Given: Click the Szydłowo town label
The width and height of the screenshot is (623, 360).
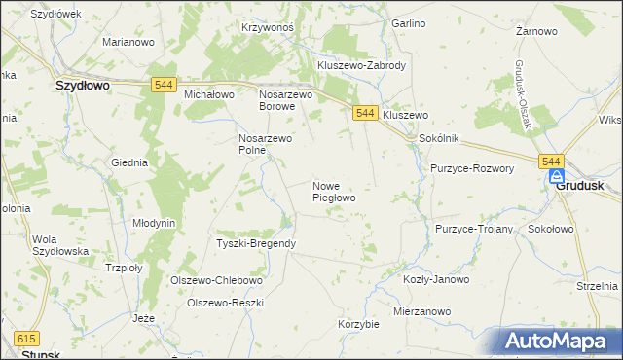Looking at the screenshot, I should point(82,86).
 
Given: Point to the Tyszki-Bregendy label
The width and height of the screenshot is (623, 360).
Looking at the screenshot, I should point(256,243).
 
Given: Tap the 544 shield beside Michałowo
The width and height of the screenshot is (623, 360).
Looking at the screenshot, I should point(164,87).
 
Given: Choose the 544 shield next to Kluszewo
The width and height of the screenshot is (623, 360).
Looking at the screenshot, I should point(365,113).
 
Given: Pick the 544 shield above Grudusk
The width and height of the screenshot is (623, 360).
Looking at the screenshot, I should point(551,162).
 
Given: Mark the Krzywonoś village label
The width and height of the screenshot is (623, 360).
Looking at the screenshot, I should point(268,28).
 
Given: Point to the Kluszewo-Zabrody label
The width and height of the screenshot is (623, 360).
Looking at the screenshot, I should point(361,65).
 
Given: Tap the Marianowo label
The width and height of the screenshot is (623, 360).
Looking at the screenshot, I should point(129,43).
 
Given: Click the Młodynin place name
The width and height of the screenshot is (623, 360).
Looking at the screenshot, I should point(154,223).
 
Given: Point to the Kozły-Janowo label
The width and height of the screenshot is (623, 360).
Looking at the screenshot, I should point(436,279).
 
